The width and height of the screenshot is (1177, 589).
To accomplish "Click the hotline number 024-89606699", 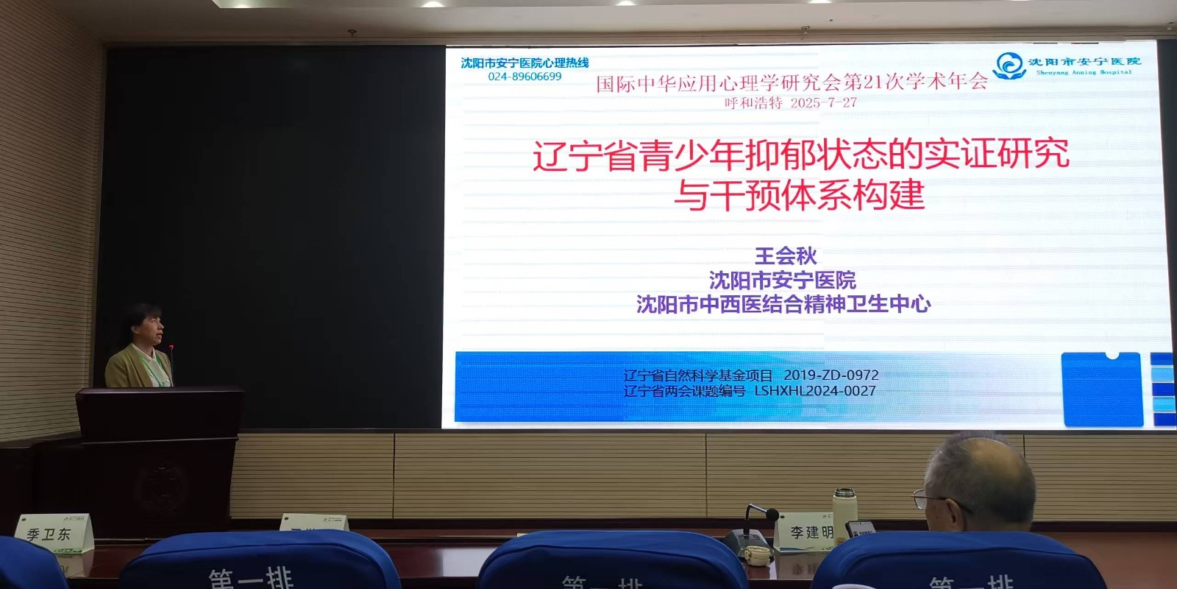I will [525, 77].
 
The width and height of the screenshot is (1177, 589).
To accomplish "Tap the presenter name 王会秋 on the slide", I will [786, 255].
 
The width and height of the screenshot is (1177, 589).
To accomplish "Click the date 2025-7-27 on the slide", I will [824, 103].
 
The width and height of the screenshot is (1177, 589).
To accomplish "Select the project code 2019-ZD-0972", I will [831, 375].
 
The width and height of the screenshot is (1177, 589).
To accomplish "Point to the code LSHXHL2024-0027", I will [815, 391].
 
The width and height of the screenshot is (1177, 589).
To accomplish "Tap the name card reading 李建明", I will [811, 532].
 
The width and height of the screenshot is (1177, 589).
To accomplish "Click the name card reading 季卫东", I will [49, 534].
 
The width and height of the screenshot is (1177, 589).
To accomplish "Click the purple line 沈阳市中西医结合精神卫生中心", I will [783, 304].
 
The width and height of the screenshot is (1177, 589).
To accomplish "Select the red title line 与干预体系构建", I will [800, 195].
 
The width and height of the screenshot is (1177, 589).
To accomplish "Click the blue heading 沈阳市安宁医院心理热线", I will [525, 63].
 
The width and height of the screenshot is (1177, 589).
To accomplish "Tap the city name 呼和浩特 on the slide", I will [753, 103].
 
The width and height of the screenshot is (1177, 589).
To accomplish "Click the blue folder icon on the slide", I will [1102, 389].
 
